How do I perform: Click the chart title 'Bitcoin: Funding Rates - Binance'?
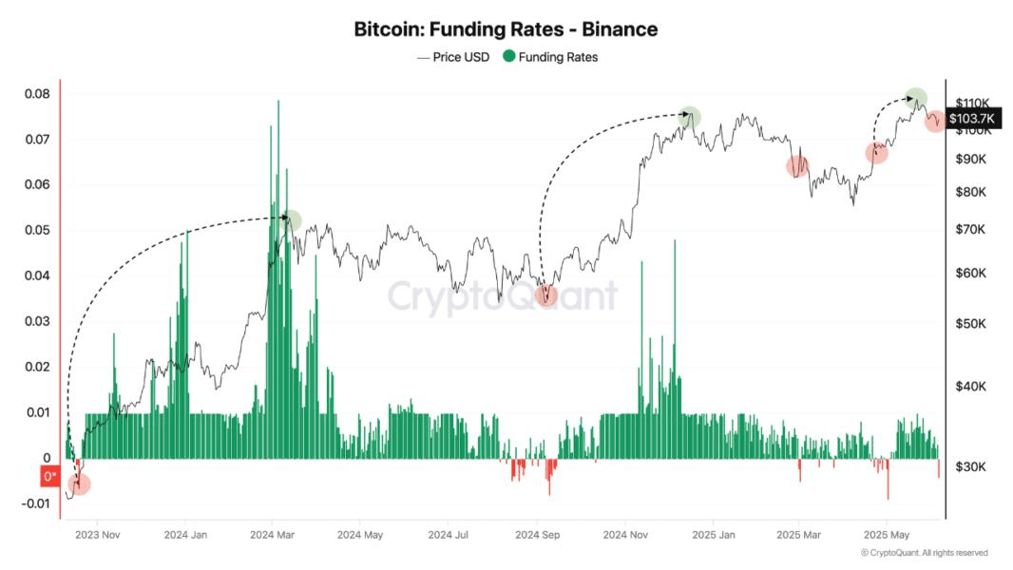[506, 29]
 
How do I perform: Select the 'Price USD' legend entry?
[453, 57]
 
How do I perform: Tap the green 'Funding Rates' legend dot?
[509, 57]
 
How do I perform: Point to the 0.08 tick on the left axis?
[37, 94]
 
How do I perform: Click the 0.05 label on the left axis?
[37, 231]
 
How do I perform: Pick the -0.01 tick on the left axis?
[34, 503]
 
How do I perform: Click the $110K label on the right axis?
[973, 104]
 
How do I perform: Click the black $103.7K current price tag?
[971, 118]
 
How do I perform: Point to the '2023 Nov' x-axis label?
[99, 535]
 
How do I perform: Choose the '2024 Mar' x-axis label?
[274, 535]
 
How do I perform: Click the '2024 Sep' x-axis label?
[537, 535]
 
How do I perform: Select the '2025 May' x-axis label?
[887, 535]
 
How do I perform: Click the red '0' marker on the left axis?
[49, 477]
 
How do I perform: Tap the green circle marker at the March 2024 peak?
[292, 220]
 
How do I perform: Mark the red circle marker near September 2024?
[545, 295]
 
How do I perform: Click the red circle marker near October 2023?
[80, 484]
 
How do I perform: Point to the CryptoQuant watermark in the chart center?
[502, 296]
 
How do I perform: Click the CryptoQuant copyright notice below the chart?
[924, 553]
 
